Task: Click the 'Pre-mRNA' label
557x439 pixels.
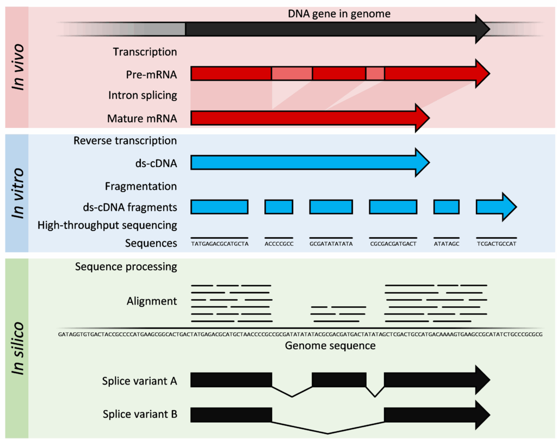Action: (x=151, y=74)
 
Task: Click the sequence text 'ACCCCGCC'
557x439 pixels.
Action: (x=278, y=244)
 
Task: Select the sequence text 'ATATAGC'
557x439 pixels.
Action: (x=446, y=244)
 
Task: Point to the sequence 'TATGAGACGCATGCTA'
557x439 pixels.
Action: (x=219, y=244)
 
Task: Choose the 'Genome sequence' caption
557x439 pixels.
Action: (x=330, y=345)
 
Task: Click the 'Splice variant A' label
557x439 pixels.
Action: (x=139, y=381)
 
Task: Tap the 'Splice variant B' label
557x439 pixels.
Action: (x=140, y=415)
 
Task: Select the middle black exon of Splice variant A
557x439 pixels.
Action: (x=338, y=379)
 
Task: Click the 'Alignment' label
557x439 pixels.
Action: (x=152, y=301)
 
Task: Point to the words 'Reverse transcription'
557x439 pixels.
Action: (x=125, y=141)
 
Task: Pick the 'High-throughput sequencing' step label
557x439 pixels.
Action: (x=107, y=225)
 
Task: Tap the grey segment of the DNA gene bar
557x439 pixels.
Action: (x=160, y=29)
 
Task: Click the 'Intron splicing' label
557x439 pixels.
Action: (x=143, y=96)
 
